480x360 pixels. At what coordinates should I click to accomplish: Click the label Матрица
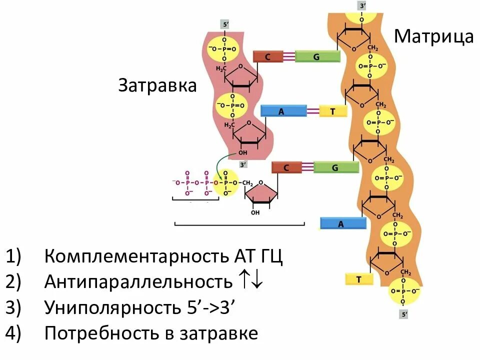433,37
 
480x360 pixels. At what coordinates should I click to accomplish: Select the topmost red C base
267,56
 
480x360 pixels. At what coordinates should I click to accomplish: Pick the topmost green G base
316,56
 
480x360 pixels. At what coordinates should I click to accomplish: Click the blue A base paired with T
282,111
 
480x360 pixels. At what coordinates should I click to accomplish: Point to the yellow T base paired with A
332,111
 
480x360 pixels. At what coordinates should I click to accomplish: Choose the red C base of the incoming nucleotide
286,167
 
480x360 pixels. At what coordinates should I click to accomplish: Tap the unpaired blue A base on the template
341,223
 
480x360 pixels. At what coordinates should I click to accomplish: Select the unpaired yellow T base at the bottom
358,279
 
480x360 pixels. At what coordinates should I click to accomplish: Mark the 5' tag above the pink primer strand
226,24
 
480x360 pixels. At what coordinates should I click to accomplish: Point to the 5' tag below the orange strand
404,314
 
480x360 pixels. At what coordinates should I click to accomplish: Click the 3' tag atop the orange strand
362,6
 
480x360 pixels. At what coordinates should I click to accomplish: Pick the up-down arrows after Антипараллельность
250,282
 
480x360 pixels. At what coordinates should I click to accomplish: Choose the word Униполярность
110,307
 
